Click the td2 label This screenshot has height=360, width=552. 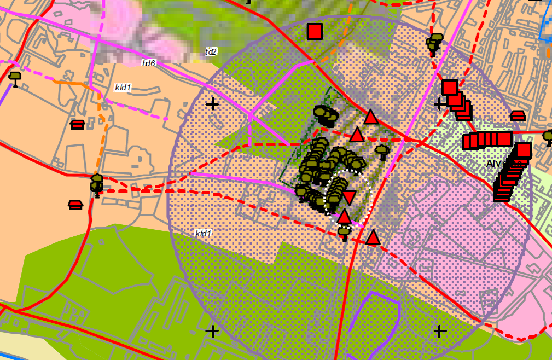click(211, 52)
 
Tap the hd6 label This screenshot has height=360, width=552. click(149, 63)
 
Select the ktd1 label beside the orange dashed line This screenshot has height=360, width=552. click(123, 88)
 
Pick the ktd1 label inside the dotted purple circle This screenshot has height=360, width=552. click(204, 234)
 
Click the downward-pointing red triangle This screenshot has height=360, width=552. click(349, 198)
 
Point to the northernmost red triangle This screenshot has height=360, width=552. click(371, 117)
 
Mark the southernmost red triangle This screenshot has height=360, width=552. click(373, 238)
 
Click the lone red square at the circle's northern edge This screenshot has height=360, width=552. click(315, 31)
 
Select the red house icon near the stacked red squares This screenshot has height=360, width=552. click(518, 116)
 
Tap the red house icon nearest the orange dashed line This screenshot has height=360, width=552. click(78, 125)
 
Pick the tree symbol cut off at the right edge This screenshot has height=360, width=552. click(548, 136)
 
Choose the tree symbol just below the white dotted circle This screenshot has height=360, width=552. click(344, 233)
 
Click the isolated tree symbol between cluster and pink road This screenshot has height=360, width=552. click(382, 151)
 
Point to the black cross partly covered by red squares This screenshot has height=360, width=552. click(439, 103)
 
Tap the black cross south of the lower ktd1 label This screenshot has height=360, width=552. click(212, 331)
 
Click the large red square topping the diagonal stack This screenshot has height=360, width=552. click(524, 150)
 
